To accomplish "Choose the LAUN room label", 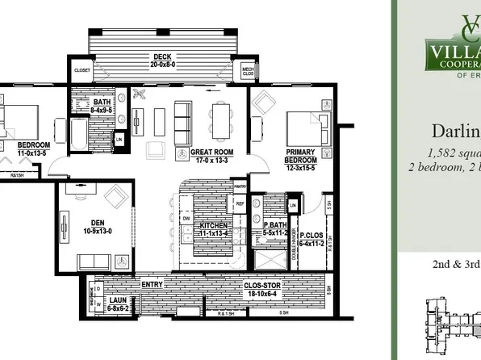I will [x=118, y=303].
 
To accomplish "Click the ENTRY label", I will [x=152, y=285].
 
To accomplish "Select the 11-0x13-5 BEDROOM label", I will [x=33, y=149].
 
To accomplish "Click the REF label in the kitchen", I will [x=239, y=204].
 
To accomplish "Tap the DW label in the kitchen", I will [x=186, y=218].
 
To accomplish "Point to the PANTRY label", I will [x=239, y=186].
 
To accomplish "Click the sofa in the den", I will [x=94, y=261].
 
